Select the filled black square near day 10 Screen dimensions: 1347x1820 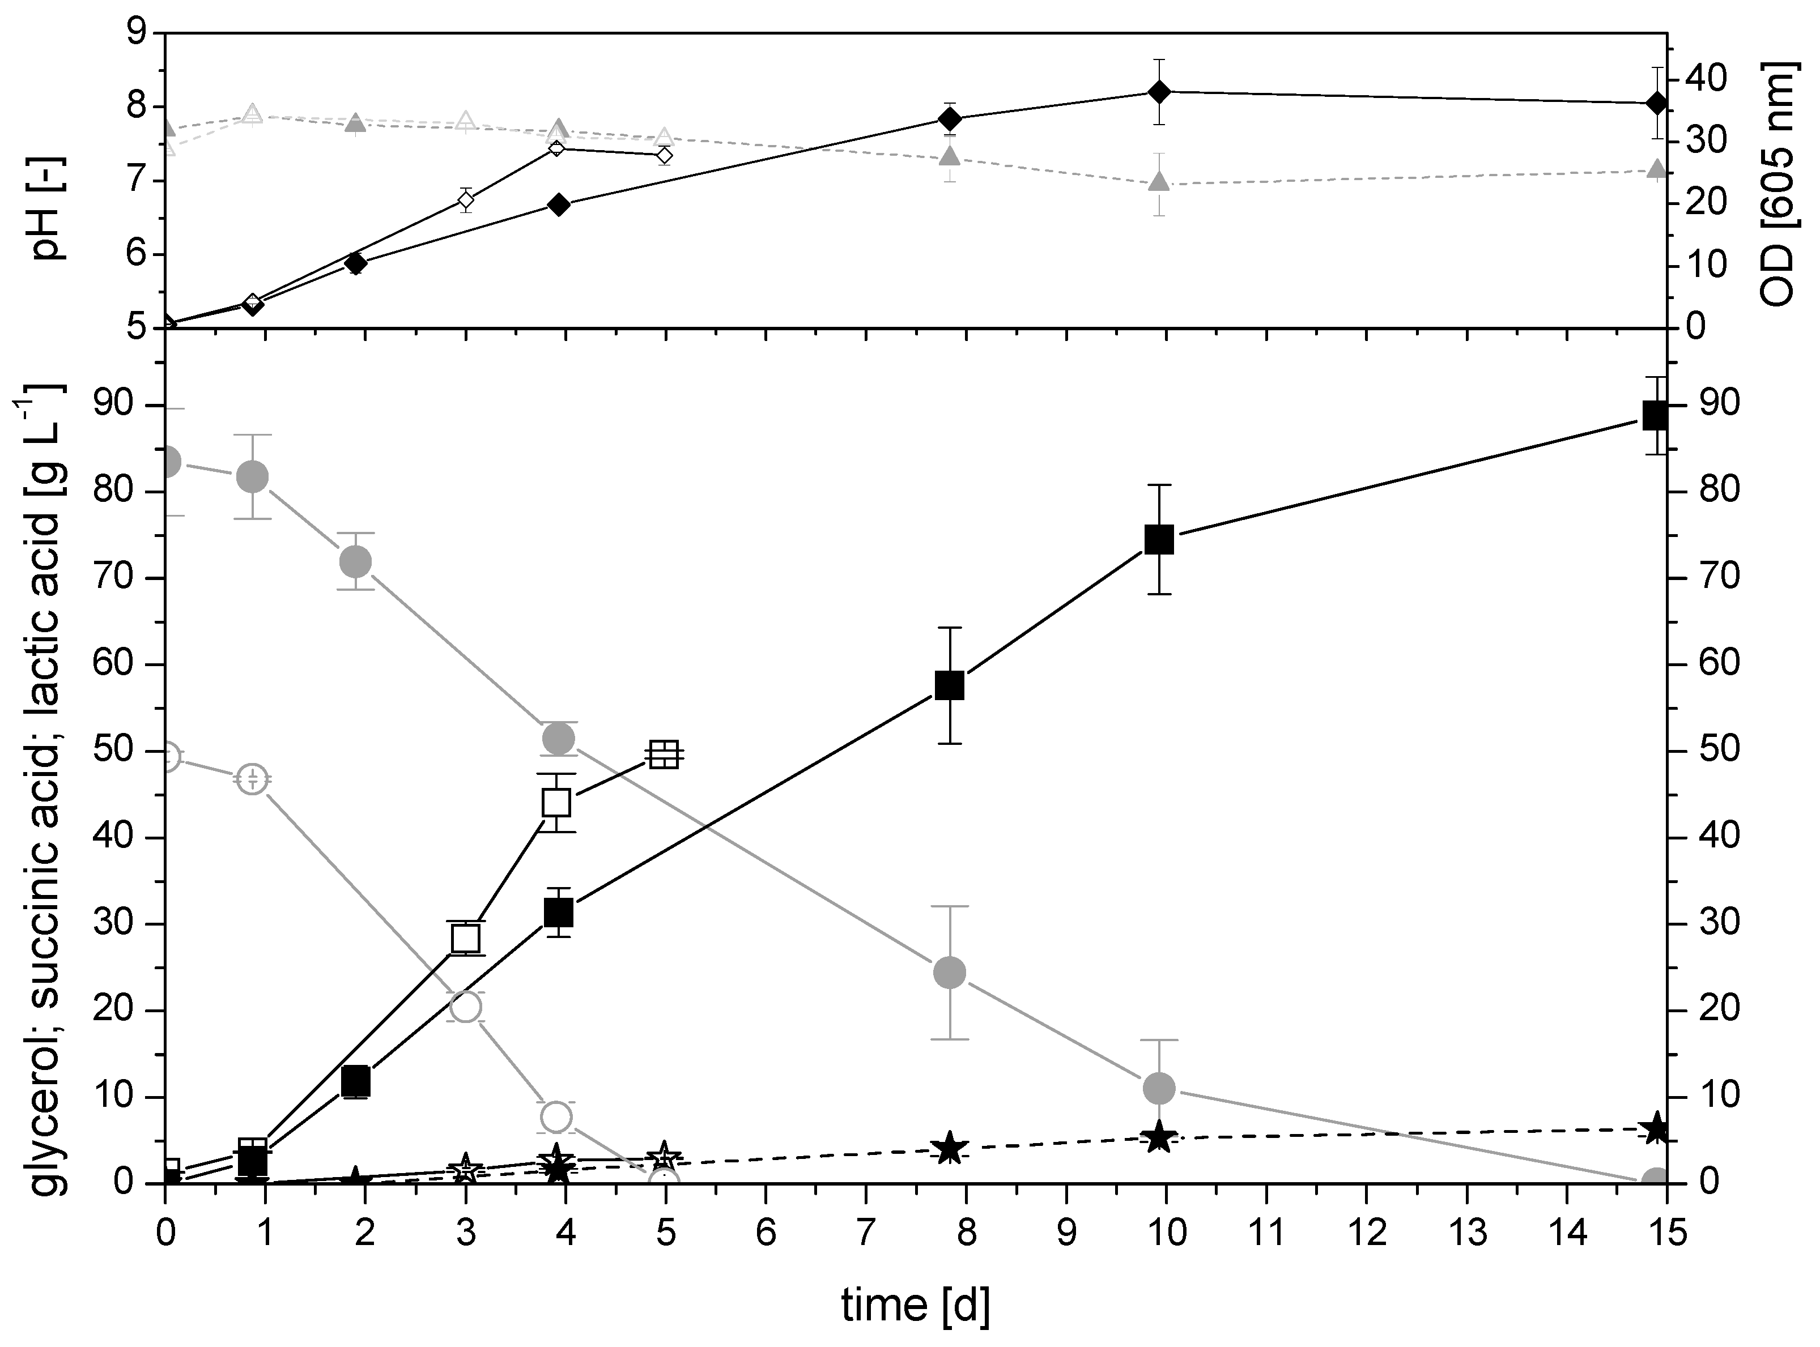[1159, 540]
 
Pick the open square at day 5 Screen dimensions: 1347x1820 [665, 755]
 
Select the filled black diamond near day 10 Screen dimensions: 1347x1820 [1159, 91]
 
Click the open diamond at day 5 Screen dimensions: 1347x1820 [665, 155]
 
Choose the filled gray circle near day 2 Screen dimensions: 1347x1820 [355, 561]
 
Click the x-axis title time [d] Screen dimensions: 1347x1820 [916, 1306]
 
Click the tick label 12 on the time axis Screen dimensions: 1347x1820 [1367, 1234]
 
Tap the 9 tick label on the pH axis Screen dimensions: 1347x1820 [135, 33]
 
